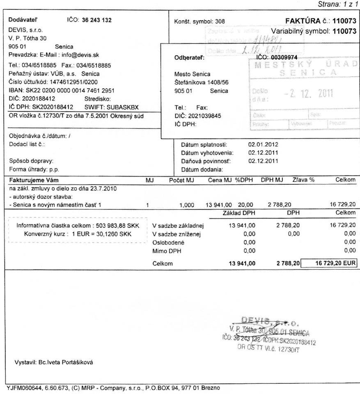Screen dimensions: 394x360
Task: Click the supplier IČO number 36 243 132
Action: click(x=97, y=20)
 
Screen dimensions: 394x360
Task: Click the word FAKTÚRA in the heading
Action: click(x=303, y=20)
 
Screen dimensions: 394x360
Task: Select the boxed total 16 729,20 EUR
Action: click(x=330, y=263)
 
